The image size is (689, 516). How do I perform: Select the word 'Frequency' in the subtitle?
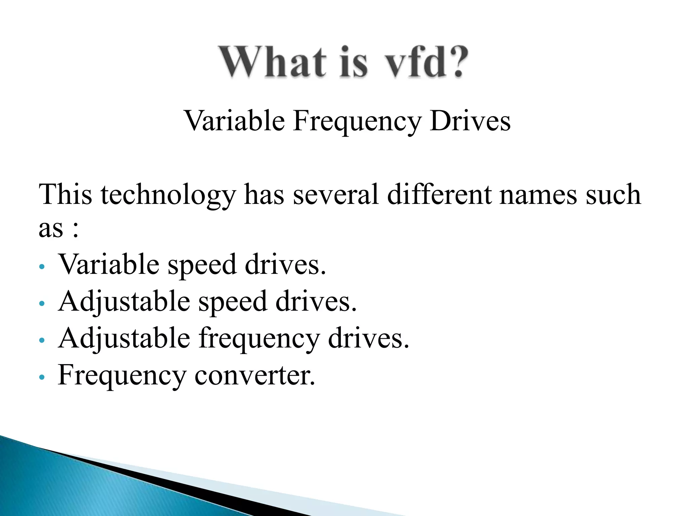coord(357,122)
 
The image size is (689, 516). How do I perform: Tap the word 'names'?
coord(538,195)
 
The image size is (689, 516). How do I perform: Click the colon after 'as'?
coord(75,230)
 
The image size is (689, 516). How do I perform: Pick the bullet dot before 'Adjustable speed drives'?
coord(42,304)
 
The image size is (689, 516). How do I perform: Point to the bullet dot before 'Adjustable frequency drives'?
coord(42,341)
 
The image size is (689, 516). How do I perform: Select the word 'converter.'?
coord(255,375)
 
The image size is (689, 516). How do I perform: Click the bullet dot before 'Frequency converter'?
coord(42,377)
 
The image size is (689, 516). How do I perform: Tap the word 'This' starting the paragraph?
coord(65,195)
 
